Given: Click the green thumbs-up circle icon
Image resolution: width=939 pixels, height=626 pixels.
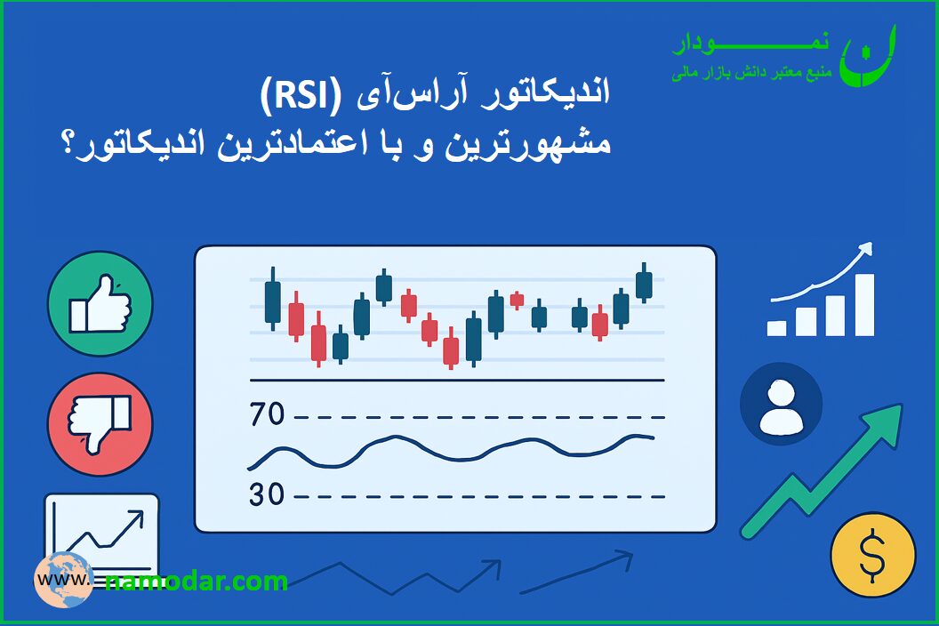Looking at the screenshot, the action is click(x=100, y=304).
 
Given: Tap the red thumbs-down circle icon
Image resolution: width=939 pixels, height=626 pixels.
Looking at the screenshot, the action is click(x=100, y=424).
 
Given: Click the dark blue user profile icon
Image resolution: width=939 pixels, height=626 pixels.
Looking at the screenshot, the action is click(x=781, y=403).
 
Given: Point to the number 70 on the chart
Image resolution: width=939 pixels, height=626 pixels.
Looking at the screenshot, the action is click(x=267, y=414).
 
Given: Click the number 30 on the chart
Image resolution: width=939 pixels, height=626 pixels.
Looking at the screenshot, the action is click(x=267, y=494).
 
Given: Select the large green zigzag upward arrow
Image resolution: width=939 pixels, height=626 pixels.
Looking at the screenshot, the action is click(x=822, y=471).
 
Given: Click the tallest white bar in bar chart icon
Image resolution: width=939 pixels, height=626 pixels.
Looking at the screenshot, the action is click(x=864, y=305).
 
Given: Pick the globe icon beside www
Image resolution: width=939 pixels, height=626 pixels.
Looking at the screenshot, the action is click(x=63, y=580).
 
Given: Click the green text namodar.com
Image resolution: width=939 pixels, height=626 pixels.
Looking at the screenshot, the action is click(x=197, y=581).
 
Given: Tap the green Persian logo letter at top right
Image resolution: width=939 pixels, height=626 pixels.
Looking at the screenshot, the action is click(x=867, y=56).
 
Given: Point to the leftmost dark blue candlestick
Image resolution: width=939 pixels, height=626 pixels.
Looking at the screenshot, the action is click(x=272, y=298).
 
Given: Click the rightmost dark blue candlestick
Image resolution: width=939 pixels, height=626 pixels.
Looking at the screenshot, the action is click(x=644, y=284).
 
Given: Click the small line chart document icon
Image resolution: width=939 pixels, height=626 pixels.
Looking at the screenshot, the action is click(x=101, y=534).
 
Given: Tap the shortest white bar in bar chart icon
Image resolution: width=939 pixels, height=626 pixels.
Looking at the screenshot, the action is click(x=776, y=328).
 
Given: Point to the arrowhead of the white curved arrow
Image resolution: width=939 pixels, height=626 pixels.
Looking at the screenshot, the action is click(x=865, y=249).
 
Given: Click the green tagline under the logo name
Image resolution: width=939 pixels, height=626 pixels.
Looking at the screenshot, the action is click(x=751, y=73).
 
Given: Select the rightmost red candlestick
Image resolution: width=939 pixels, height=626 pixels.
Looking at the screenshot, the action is click(x=599, y=324).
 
